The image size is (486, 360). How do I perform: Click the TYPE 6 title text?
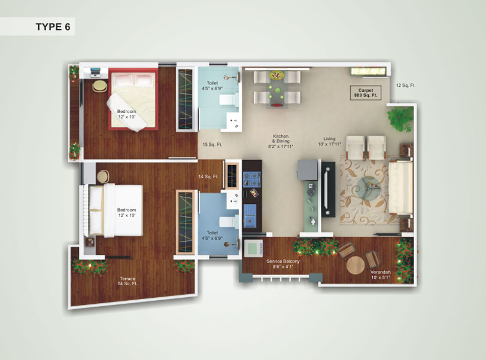[53, 27]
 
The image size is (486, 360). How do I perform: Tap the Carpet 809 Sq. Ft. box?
[366, 93]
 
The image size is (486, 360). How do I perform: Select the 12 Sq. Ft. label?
[406, 85]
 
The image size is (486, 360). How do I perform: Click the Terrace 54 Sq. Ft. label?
[127, 281]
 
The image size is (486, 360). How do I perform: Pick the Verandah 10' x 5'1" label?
[381, 274]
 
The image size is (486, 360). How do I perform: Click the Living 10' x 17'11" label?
[329, 141]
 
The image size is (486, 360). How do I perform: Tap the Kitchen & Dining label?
[281, 141]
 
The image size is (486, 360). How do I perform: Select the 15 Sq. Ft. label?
[212, 144]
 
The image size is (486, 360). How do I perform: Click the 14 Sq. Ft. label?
[209, 176]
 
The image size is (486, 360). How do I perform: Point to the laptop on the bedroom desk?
[96, 72]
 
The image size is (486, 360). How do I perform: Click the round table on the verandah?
[356, 265]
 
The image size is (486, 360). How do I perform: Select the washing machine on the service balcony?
[254, 248]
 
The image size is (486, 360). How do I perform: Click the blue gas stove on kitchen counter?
[251, 179]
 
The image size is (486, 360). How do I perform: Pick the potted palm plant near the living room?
[399, 118]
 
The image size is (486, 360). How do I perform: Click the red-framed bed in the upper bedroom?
[133, 99]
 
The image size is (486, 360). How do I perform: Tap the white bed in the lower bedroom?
[116, 210]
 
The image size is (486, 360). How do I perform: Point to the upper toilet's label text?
[212, 86]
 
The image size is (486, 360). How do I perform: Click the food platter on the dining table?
[277, 75]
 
